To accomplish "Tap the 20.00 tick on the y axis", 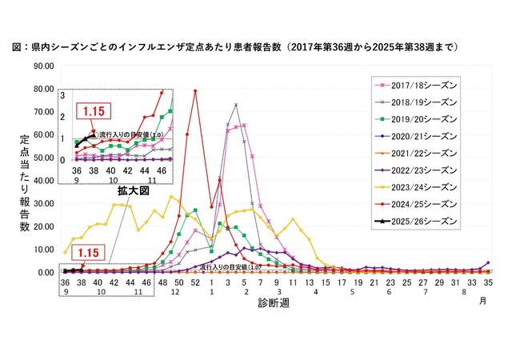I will point(42,226).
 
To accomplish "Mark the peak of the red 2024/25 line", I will point(195,90).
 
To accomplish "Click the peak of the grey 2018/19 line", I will point(236,104).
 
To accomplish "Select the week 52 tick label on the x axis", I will point(195,282).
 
